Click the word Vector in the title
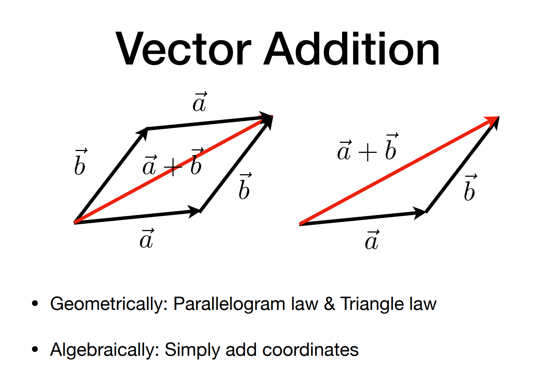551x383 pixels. point(183,48)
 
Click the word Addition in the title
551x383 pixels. point(352,48)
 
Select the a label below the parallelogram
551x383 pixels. point(147,238)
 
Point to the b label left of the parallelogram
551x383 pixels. point(81,162)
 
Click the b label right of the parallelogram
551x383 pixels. point(245,186)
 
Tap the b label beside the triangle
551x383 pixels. point(471,188)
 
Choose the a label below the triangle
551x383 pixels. point(372,239)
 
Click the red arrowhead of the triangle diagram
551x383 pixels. point(492,121)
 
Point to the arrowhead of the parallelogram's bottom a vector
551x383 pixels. point(194,211)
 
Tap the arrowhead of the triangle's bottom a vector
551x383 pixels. point(419,213)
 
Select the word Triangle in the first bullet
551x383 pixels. point(372,304)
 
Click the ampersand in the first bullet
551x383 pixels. point(329,304)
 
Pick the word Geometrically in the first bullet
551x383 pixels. point(109,304)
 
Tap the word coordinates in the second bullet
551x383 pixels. point(310,349)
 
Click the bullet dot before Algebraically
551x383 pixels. point(35,349)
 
